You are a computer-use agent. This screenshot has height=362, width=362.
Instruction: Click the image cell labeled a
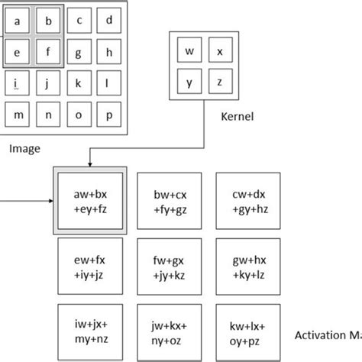18,21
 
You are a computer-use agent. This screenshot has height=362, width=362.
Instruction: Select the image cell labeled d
109,21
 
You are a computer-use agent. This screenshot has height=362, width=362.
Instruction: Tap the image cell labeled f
48,53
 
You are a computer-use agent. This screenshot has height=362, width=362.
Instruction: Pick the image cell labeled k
79,82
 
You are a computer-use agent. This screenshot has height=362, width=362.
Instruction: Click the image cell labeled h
109,53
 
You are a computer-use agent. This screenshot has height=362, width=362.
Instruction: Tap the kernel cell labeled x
220,52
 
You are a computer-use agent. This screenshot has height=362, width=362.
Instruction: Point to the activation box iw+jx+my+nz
89,332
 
